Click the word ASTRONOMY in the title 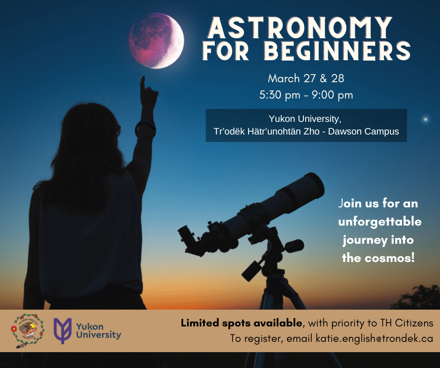300,28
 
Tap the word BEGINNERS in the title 337,51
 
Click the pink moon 156,41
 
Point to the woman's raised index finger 143,83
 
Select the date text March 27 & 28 306,78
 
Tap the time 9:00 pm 332,95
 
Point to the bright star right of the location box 425,119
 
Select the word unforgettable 380,221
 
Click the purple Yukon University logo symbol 63,331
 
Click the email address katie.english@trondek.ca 374,338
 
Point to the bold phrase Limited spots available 242,323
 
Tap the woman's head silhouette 90,132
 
